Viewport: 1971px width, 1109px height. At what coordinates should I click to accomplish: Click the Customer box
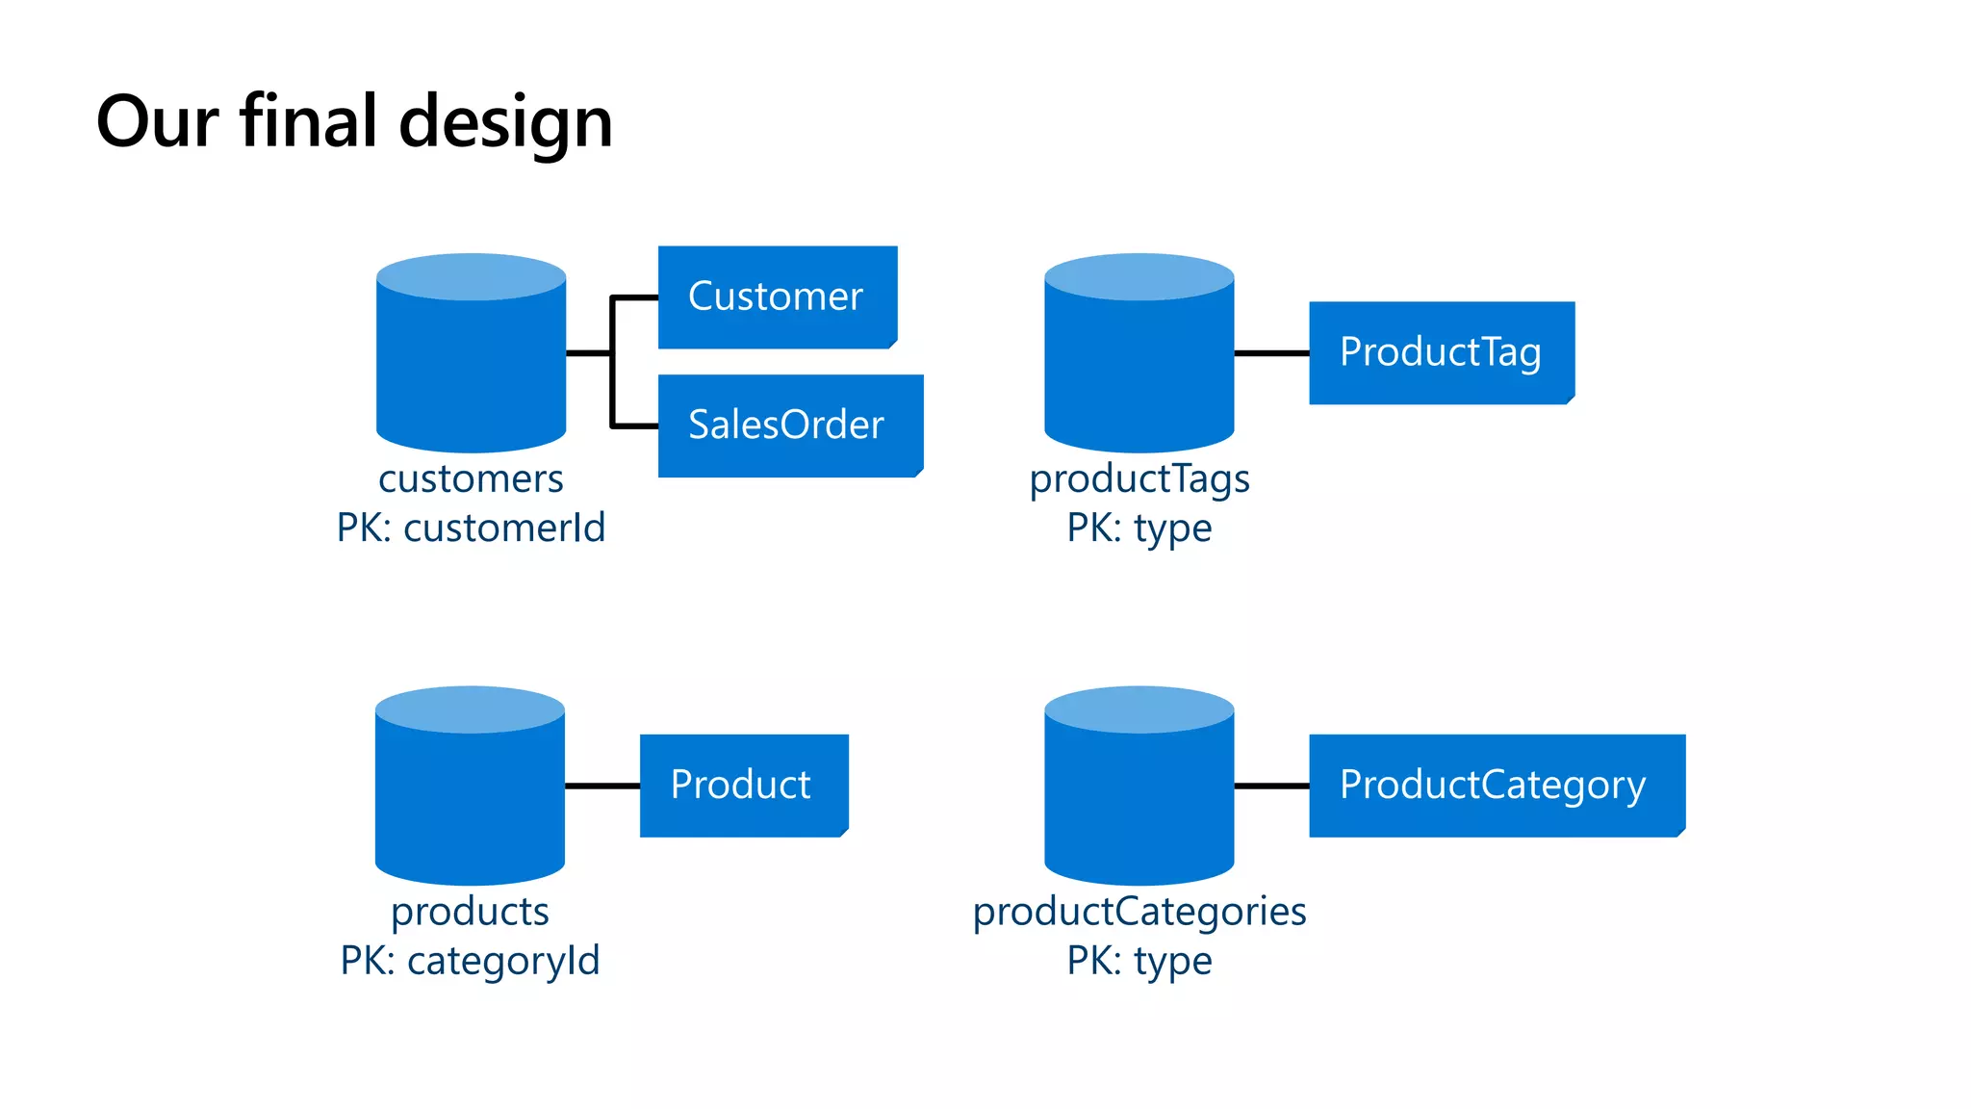777,297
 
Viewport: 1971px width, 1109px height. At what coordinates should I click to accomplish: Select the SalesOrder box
789,425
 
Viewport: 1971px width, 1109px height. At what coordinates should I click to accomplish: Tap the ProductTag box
1441,352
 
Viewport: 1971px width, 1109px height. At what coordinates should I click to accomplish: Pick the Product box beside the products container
743,785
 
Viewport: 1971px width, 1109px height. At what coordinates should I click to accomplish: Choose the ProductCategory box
1496,785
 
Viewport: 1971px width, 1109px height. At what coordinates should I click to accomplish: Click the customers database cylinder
471,366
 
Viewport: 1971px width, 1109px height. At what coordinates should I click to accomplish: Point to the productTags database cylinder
1139,366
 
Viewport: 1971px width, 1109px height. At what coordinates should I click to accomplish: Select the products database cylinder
470,799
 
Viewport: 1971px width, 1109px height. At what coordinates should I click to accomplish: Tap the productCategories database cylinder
1139,799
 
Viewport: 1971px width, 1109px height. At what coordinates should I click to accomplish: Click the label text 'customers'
471,478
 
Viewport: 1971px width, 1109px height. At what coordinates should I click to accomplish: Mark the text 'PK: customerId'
471,528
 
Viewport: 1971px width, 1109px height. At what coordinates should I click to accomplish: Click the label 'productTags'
1139,478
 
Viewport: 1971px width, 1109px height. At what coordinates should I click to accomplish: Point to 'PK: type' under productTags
1139,528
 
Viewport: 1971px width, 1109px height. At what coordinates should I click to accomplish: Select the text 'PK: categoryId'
470,961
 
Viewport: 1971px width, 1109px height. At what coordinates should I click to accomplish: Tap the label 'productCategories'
1139,911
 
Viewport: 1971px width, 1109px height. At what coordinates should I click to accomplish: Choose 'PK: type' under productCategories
1139,961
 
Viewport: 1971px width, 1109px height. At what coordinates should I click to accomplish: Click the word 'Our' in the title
157,122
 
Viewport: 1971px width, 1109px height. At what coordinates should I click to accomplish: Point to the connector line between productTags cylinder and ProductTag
1271,353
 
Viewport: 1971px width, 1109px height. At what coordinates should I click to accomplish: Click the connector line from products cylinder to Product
602,786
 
